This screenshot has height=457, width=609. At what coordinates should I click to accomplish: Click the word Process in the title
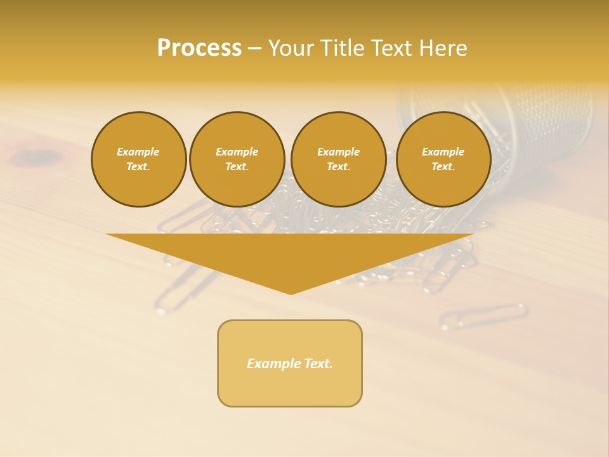click(199, 48)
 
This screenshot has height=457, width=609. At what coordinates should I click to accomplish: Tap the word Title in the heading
click(343, 48)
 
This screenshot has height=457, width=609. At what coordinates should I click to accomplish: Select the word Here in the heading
click(443, 48)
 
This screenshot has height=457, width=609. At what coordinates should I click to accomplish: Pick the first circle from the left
click(138, 159)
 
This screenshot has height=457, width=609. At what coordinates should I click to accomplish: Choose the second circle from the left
click(237, 159)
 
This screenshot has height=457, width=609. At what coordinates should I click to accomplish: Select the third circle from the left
click(338, 159)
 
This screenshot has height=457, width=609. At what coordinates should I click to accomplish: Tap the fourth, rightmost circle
click(443, 159)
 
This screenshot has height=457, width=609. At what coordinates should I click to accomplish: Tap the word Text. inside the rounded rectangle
click(318, 364)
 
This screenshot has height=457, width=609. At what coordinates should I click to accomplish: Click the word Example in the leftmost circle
click(138, 152)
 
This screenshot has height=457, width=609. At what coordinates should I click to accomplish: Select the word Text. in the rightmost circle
click(443, 166)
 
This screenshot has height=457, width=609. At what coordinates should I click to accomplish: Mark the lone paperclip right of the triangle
click(484, 315)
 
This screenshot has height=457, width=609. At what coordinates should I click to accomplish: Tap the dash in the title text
click(254, 48)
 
